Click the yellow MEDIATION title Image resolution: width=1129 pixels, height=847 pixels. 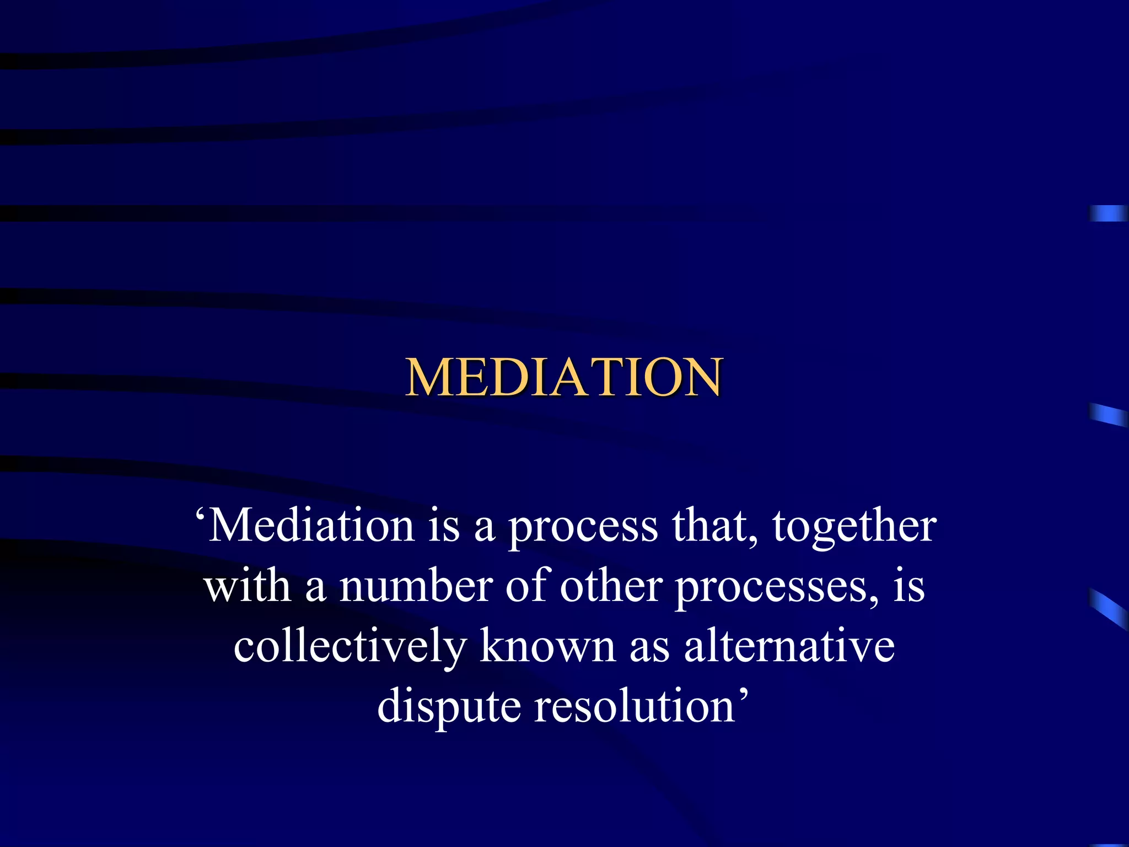[x=563, y=377]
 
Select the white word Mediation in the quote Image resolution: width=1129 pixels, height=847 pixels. [x=311, y=526]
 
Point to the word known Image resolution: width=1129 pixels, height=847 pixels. [x=547, y=646]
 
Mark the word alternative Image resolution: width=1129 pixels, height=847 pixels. [x=789, y=646]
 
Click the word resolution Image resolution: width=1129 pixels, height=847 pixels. [x=635, y=706]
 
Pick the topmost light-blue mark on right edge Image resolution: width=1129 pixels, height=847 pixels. [x=1108, y=213]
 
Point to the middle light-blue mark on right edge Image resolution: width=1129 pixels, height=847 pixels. [x=1108, y=415]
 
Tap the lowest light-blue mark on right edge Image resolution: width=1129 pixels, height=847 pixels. [x=1108, y=608]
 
